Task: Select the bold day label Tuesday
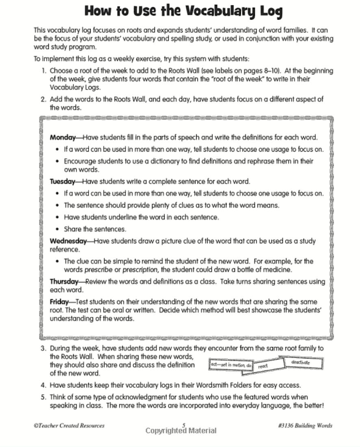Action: [62, 181]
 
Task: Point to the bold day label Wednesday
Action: [68, 241]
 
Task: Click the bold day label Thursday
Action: [64, 281]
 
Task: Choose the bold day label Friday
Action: [59, 302]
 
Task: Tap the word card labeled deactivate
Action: [301, 362]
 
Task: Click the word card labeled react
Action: [263, 366]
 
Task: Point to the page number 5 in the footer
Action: [184, 425]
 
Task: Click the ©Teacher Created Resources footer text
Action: [69, 425]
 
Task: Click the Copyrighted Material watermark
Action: [181, 431]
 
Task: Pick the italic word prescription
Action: [140, 269]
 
